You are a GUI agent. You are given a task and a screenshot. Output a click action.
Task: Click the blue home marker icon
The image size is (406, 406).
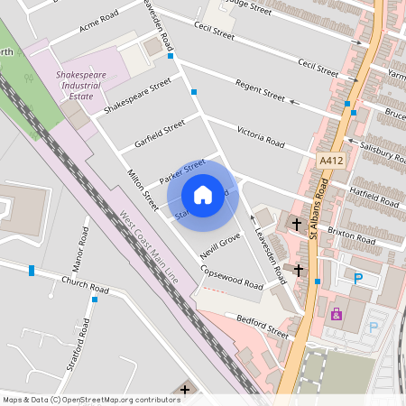[x=203, y=195]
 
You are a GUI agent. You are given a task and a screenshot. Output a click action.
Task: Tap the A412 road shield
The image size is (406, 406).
[x=330, y=159]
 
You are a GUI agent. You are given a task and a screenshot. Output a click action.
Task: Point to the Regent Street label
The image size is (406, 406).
[x=260, y=90]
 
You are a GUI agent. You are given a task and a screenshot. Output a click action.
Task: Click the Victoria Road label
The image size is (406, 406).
[x=261, y=136]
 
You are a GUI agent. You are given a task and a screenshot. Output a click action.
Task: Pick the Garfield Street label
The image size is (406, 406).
[x=160, y=133]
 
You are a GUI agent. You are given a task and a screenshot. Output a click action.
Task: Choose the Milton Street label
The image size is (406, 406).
[x=143, y=190]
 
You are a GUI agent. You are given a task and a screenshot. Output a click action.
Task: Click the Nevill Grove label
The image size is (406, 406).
[x=219, y=246]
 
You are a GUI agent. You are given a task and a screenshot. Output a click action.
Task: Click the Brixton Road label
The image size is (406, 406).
[x=351, y=235]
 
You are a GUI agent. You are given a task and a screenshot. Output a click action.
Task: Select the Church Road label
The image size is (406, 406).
[x=85, y=285]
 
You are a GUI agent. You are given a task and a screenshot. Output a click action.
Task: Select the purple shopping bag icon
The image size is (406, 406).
[x=337, y=314]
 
